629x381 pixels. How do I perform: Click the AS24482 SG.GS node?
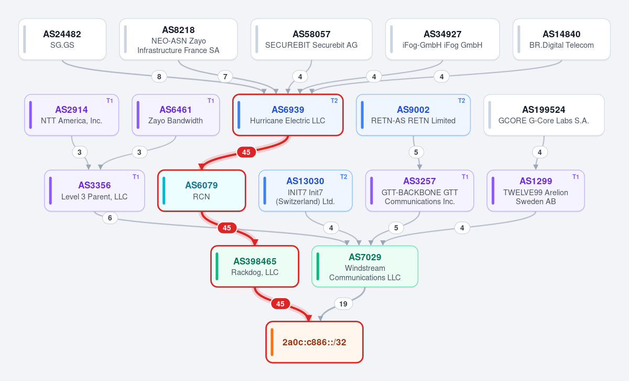point(62,39)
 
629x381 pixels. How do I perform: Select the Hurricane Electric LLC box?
point(288,115)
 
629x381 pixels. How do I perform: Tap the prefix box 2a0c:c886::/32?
point(314,342)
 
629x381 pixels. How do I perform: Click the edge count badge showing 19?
point(343,304)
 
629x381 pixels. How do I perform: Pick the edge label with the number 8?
point(159,77)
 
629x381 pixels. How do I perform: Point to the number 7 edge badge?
point(225,77)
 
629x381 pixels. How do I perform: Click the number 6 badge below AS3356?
point(110,218)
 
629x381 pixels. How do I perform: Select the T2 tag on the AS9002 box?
point(462,101)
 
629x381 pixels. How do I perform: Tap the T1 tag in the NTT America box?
point(110,101)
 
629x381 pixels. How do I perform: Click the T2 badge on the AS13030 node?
point(344,176)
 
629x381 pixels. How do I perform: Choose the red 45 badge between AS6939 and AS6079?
point(246,152)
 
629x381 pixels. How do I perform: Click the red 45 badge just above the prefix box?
point(280,304)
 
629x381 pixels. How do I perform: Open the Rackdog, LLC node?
point(255,267)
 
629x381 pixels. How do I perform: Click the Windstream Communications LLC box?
point(365,267)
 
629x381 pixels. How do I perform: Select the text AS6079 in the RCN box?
point(201,185)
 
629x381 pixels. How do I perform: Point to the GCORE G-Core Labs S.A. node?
point(544,115)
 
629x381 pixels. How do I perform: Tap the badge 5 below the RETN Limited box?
point(416,152)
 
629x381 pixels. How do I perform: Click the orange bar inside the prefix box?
point(272,342)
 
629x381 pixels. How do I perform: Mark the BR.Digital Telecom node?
point(561,39)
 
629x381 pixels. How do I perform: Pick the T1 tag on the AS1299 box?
point(576,176)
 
